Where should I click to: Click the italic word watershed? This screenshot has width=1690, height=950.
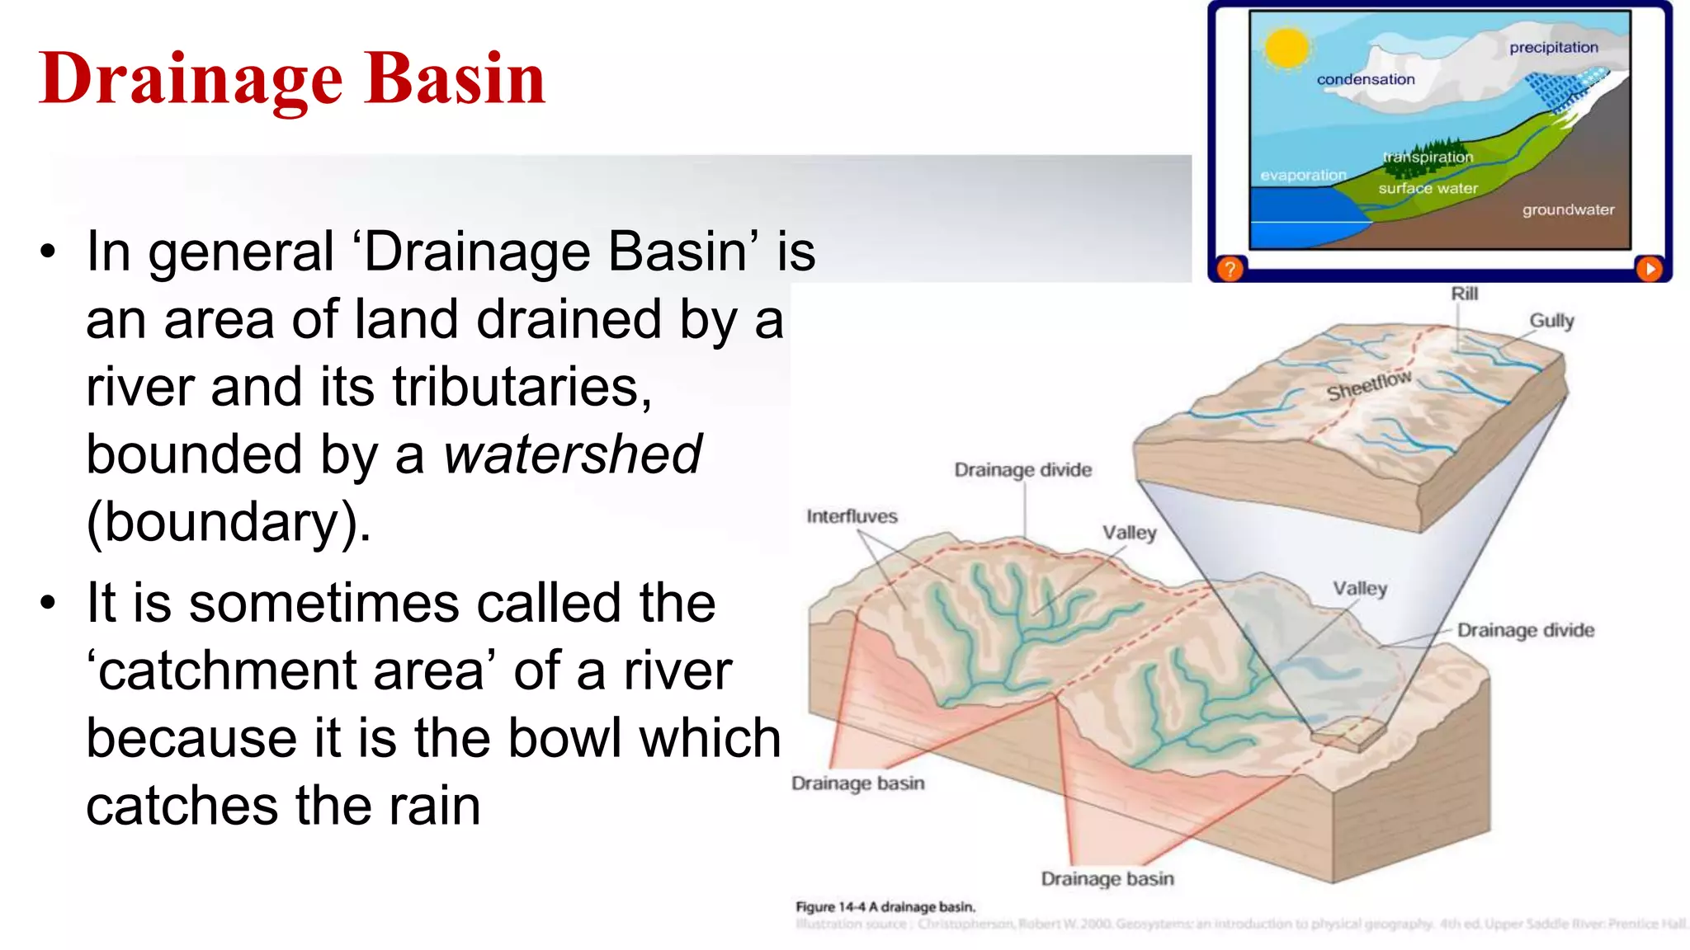(573, 454)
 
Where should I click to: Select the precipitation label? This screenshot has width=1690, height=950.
(1553, 48)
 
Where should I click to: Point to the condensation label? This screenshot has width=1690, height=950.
(1365, 80)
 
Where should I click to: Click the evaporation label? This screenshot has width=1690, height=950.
(1302, 176)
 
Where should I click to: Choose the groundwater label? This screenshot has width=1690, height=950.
(1568, 210)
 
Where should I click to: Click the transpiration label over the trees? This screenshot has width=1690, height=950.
(1428, 157)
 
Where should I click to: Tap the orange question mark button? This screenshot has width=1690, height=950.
(1230, 269)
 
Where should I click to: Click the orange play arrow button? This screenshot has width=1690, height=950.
(1649, 269)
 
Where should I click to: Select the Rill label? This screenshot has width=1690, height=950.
(1464, 294)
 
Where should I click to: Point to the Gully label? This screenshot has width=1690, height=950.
(1551, 321)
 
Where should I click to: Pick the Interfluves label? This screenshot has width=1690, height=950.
(852, 517)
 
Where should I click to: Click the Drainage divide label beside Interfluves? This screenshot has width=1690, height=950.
(1022, 470)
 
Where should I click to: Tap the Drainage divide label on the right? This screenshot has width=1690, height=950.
(1525, 631)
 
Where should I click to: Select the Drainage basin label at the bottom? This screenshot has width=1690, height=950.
(1107, 879)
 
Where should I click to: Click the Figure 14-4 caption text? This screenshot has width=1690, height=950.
(885, 907)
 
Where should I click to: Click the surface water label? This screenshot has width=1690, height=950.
(1428, 189)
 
